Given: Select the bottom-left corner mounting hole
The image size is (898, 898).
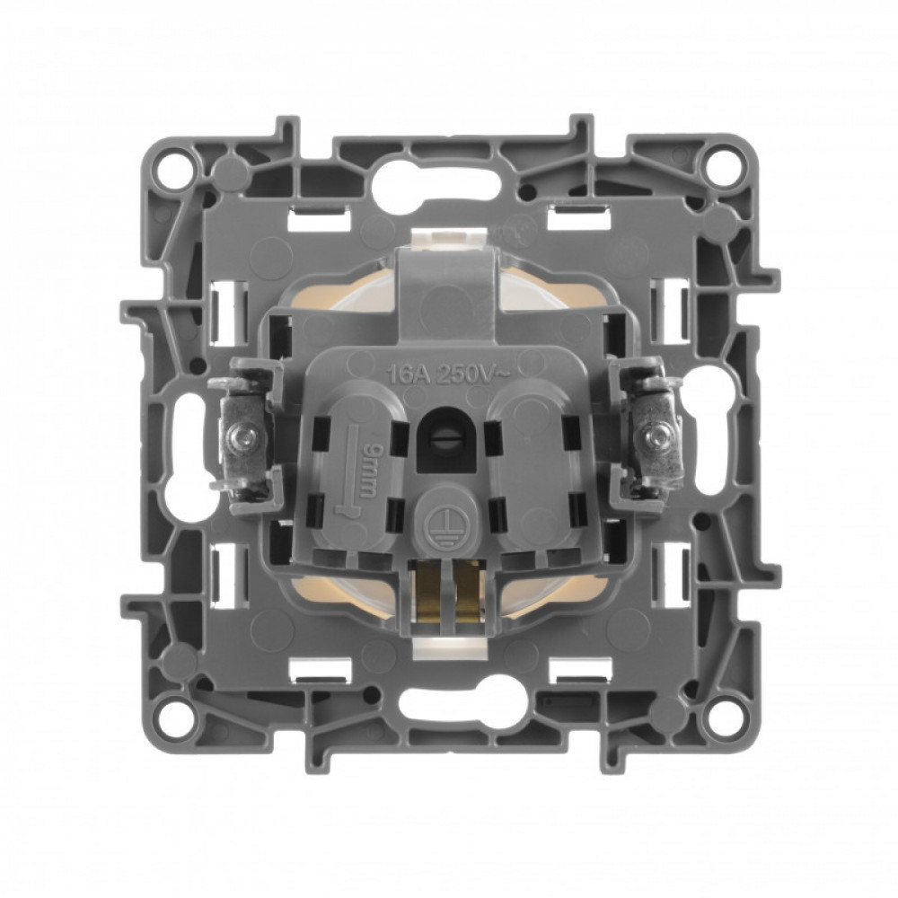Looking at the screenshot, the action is click(175, 710).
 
